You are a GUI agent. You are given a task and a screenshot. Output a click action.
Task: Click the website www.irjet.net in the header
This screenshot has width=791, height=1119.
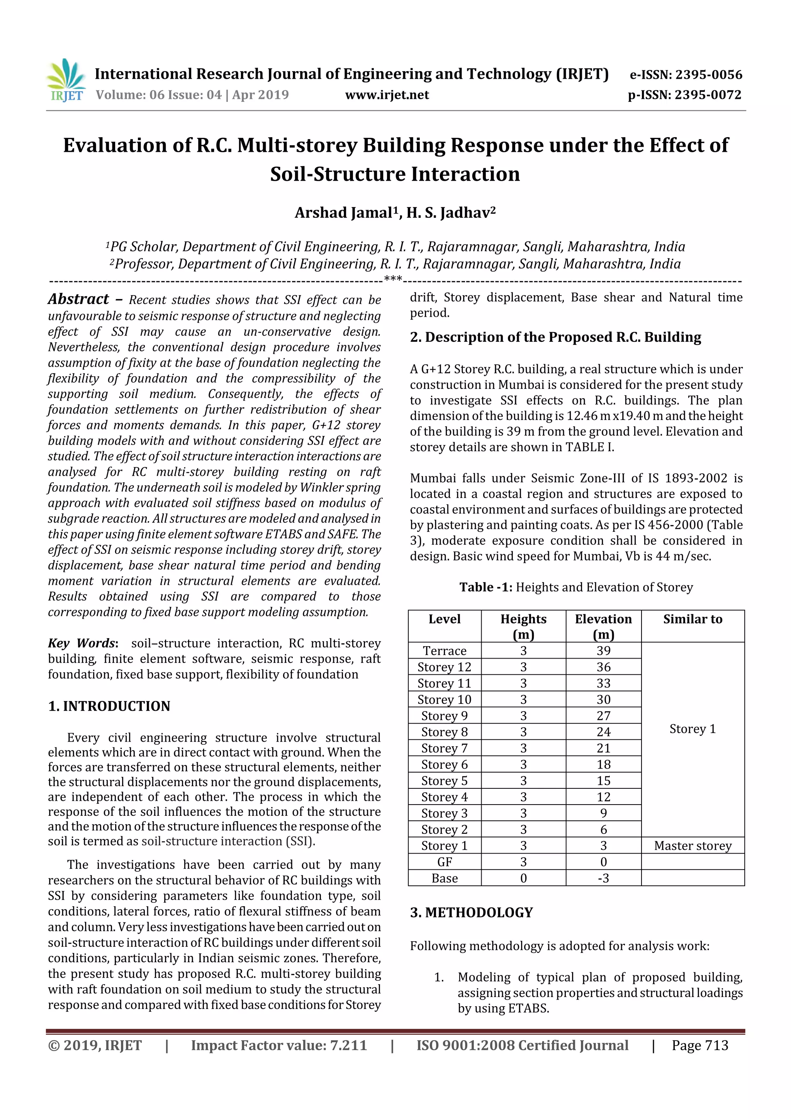tap(387, 95)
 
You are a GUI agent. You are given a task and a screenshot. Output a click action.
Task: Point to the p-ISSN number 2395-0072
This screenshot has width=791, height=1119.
tap(708, 95)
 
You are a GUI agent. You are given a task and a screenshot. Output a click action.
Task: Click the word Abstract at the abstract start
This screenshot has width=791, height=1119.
tap(78, 299)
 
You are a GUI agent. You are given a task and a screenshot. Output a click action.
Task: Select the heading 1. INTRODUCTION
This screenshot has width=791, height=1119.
tap(109, 706)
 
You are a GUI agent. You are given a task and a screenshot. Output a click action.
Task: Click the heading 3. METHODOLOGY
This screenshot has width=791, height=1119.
tap(471, 912)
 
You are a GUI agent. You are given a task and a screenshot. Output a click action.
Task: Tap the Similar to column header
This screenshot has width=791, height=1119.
tap(692, 620)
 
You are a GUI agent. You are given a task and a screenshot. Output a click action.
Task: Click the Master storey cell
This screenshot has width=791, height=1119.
tap(692, 846)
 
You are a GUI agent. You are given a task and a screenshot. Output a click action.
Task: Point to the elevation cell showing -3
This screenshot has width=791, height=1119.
tap(603, 878)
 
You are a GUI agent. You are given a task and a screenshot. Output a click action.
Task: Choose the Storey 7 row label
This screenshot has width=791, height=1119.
tap(445, 749)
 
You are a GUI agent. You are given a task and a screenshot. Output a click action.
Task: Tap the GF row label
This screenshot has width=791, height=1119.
tap(445, 862)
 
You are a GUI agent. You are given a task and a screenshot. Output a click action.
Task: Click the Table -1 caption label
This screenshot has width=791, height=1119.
tap(485, 587)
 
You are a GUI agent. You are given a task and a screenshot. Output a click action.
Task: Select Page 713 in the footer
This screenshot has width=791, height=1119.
tap(699, 1045)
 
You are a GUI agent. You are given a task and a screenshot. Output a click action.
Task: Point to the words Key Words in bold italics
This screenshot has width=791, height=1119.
tap(81, 644)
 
